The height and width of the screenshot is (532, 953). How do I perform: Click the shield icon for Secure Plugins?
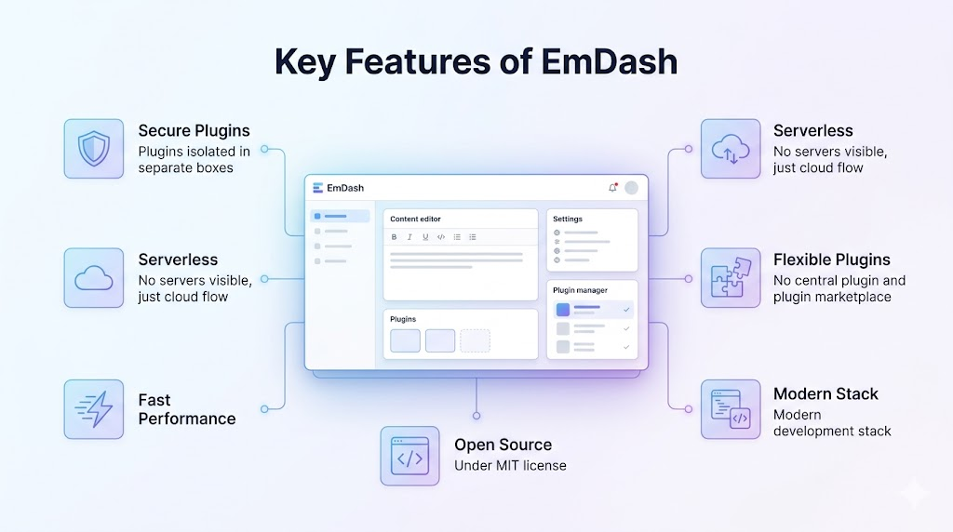[x=93, y=149]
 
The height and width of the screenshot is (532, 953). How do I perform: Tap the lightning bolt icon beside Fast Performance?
[x=93, y=408]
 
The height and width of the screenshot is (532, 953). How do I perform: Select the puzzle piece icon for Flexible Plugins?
[x=731, y=278]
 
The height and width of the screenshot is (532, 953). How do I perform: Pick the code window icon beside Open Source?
[x=409, y=456]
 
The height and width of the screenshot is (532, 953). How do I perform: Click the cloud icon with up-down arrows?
[x=731, y=149]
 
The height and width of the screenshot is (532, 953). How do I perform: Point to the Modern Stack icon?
[x=731, y=408]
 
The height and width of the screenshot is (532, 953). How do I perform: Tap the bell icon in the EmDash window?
[x=612, y=188]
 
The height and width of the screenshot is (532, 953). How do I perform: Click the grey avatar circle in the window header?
[x=632, y=188]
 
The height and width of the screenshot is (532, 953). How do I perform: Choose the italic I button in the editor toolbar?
[x=409, y=237]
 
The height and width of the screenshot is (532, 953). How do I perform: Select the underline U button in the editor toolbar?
[x=425, y=237]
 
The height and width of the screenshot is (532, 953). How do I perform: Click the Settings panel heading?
[x=567, y=219]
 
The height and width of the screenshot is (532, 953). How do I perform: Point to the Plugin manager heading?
[x=580, y=290]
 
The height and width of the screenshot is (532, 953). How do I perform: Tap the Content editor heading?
[x=415, y=219]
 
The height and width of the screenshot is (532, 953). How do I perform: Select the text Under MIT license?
[x=510, y=465]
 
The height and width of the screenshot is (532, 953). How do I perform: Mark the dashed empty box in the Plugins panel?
[x=475, y=340]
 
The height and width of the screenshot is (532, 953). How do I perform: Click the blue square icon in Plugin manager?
[x=562, y=310]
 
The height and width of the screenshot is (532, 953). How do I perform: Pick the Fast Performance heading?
[x=186, y=409]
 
